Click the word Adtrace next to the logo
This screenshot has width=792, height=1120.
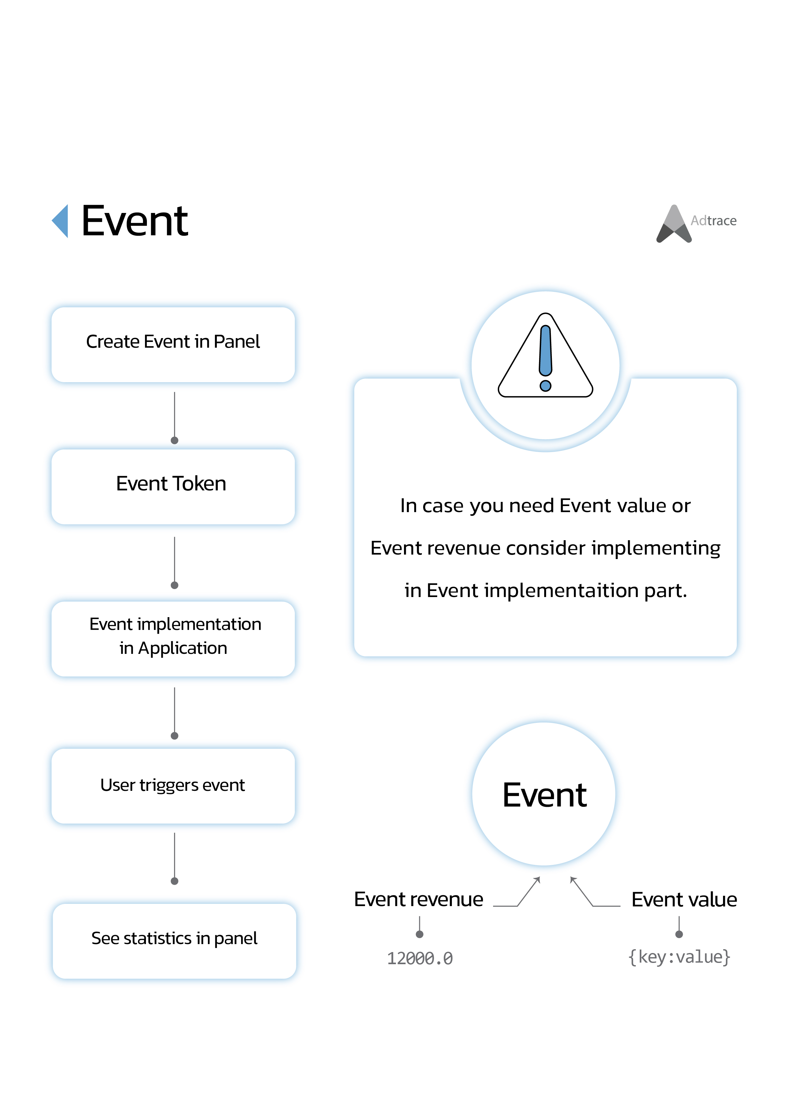pos(713,221)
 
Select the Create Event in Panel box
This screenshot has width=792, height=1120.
pos(173,344)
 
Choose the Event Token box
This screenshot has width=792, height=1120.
pos(173,487)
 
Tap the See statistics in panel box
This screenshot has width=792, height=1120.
pos(174,941)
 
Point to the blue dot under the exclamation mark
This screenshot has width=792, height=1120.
pos(545,386)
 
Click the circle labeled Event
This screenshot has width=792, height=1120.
pos(544,794)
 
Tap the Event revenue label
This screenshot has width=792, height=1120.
pos(419,899)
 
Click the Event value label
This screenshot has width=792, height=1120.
pos(684,899)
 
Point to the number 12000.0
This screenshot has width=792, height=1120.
pos(420,958)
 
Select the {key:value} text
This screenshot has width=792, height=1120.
pos(679,957)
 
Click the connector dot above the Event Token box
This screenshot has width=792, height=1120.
pos(174,441)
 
